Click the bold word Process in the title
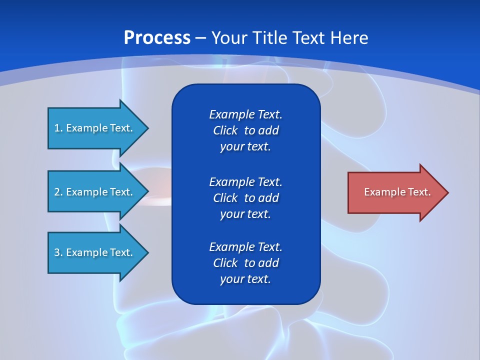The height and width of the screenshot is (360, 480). pyautogui.click(x=157, y=38)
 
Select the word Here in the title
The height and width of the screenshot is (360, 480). pyautogui.click(x=349, y=38)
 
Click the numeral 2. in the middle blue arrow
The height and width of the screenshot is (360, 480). pyautogui.click(x=58, y=192)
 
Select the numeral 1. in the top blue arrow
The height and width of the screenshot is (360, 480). pyautogui.click(x=58, y=128)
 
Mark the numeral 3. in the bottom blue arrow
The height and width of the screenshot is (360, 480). pyautogui.click(x=58, y=252)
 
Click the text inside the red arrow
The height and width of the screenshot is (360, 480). pyautogui.click(x=397, y=192)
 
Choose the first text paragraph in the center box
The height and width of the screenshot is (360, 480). pyautogui.click(x=245, y=130)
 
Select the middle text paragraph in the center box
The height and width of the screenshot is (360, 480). pyautogui.click(x=245, y=198)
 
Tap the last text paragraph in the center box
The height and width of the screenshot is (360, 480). pyautogui.click(x=245, y=263)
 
